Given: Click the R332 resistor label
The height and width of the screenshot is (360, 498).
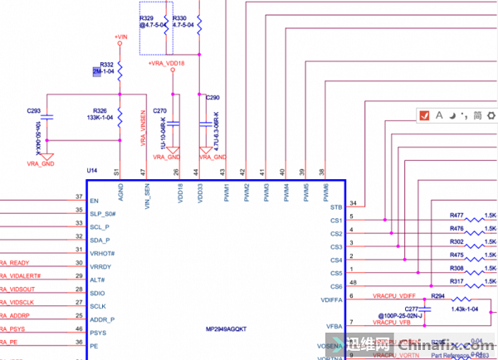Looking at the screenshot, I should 105,64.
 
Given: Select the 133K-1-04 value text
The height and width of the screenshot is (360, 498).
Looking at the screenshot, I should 99,118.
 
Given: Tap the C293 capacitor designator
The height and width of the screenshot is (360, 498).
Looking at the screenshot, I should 34,110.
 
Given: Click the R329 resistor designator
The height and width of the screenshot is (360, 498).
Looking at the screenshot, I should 147,17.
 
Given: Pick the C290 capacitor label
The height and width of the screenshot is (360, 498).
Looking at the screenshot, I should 212,98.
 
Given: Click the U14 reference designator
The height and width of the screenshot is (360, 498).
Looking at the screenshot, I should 92,170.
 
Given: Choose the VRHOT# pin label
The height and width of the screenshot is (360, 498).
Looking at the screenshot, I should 102,253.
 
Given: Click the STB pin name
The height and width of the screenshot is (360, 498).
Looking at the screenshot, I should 336,207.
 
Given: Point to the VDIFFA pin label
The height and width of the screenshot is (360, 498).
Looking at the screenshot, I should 331,299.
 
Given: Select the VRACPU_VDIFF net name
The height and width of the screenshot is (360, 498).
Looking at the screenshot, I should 393,296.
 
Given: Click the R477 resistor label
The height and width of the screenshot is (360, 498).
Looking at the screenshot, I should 456,215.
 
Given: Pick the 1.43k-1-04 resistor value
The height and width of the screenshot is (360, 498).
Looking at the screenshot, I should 467,309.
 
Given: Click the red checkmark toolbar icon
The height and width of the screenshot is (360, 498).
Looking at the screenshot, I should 423,115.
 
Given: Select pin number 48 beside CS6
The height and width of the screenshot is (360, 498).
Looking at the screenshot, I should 353,283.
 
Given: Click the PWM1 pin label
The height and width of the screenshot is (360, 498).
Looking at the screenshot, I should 227,192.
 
